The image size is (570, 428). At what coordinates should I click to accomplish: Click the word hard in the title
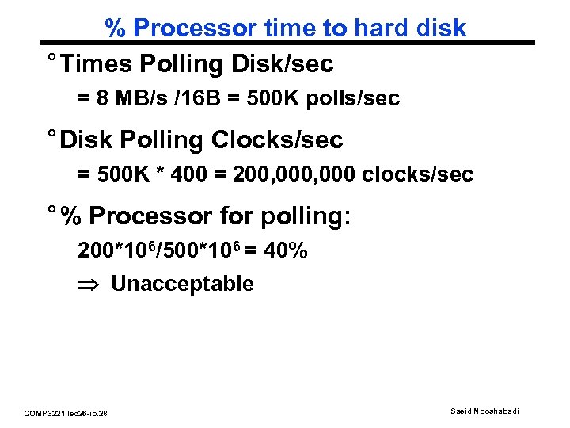tap(381, 28)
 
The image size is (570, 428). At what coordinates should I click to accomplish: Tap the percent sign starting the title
tap(116, 28)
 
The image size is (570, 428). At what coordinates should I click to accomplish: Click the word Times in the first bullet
tap(94, 63)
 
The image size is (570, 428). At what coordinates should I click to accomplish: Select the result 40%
tap(286, 251)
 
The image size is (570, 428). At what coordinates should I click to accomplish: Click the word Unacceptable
tap(182, 284)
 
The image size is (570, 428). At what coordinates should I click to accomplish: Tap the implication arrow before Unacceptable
tap(87, 285)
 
